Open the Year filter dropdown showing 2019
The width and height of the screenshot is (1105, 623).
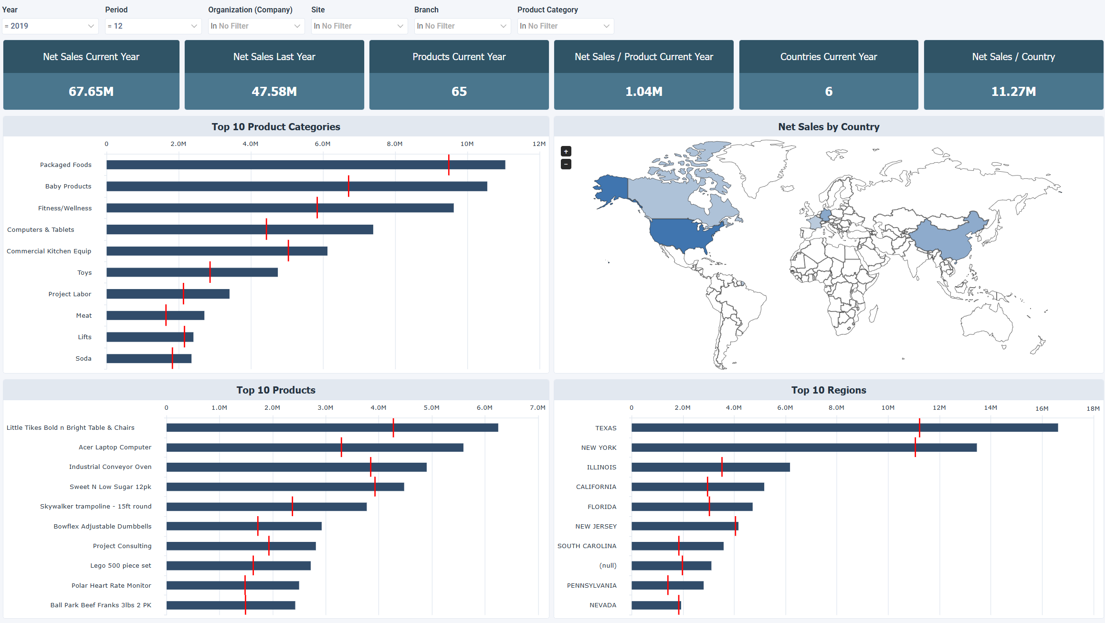pyautogui.click(x=50, y=26)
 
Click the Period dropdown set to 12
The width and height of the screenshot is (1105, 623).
pyautogui.click(x=153, y=26)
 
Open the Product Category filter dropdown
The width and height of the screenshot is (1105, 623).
pyautogui.click(x=565, y=26)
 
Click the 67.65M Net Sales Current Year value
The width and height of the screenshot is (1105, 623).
pyautogui.click(x=91, y=91)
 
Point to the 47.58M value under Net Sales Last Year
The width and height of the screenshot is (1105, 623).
pyautogui.click(x=274, y=91)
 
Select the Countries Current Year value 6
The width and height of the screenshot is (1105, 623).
pyautogui.click(x=829, y=91)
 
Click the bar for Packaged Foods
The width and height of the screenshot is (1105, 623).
pyautogui.click(x=305, y=165)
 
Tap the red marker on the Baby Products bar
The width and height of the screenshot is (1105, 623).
pyautogui.click(x=348, y=186)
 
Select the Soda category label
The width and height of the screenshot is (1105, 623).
pyautogui.click(x=84, y=358)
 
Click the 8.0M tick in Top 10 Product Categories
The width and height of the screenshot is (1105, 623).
pyautogui.click(x=394, y=144)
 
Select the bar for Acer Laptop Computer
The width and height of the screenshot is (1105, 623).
pyautogui.click(x=315, y=447)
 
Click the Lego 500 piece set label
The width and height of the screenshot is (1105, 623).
pyautogui.click(x=121, y=565)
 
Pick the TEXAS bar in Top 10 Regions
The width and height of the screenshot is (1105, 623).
pyautogui.click(x=844, y=428)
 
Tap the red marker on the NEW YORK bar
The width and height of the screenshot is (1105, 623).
pyautogui.click(x=915, y=447)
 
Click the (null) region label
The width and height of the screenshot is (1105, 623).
pyautogui.click(x=608, y=565)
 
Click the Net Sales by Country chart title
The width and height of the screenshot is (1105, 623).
pyautogui.click(x=829, y=127)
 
